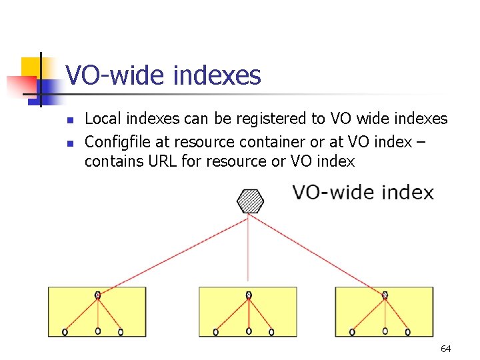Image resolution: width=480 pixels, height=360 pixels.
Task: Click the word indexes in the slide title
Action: coord(217,75)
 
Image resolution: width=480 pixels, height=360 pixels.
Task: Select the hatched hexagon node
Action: coord(250,201)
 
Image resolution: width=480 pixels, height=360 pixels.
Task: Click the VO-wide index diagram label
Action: coord(363,193)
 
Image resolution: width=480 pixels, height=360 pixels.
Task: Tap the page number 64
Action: coord(446,349)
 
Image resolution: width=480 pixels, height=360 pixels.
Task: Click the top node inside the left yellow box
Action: coord(98,295)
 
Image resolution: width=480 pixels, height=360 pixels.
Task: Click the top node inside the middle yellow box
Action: coord(249,295)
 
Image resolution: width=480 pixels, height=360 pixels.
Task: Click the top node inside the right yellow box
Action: coord(385,295)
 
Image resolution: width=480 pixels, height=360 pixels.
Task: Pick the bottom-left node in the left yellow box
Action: coord(65,331)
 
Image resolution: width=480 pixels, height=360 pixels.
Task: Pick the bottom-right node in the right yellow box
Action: coord(407,331)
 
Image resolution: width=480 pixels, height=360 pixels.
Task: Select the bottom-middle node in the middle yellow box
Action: coord(249,331)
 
